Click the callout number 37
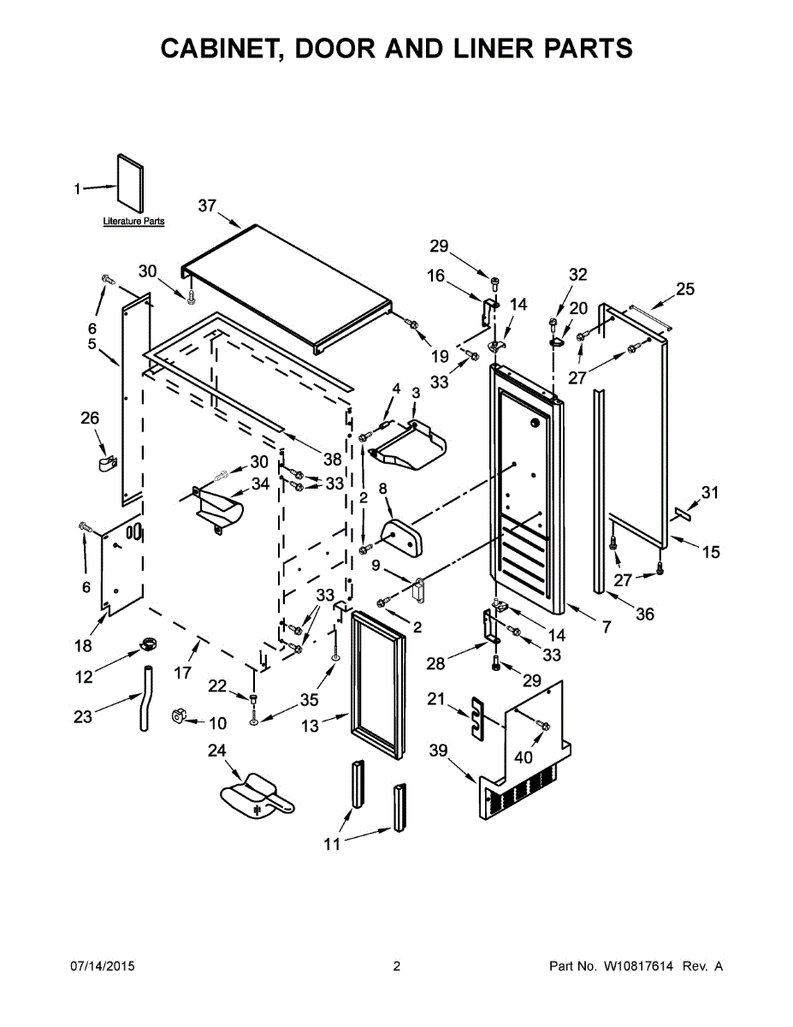(x=206, y=205)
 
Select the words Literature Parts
(x=133, y=222)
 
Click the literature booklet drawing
(x=130, y=182)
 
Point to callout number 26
(x=90, y=419)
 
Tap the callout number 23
(x=82, y=717)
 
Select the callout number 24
(x=217, y=751)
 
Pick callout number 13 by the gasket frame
(x=310, y=726)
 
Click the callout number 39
(x=439, y=751)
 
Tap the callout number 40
(x=523, y=757)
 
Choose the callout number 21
(x=436, y=700)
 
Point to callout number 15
(x=711, y=552)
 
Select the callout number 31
(x=710, y=492)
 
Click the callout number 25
(x=685, y=289)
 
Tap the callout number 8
(x=382, y=488)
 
